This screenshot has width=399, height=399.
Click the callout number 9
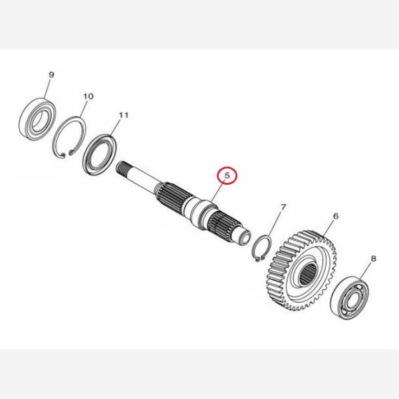51,74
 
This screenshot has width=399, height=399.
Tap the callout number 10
88,96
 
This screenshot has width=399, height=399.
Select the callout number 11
124,115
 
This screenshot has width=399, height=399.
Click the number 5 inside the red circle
227,175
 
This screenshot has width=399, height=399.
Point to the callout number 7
283,207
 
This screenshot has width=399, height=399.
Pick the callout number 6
336,216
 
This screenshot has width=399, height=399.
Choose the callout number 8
373,259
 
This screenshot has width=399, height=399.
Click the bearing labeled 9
38,118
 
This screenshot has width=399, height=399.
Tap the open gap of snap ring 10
66,154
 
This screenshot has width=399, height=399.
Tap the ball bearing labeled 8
349,297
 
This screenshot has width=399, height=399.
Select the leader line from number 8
366,271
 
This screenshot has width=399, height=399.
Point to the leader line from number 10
84,109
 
